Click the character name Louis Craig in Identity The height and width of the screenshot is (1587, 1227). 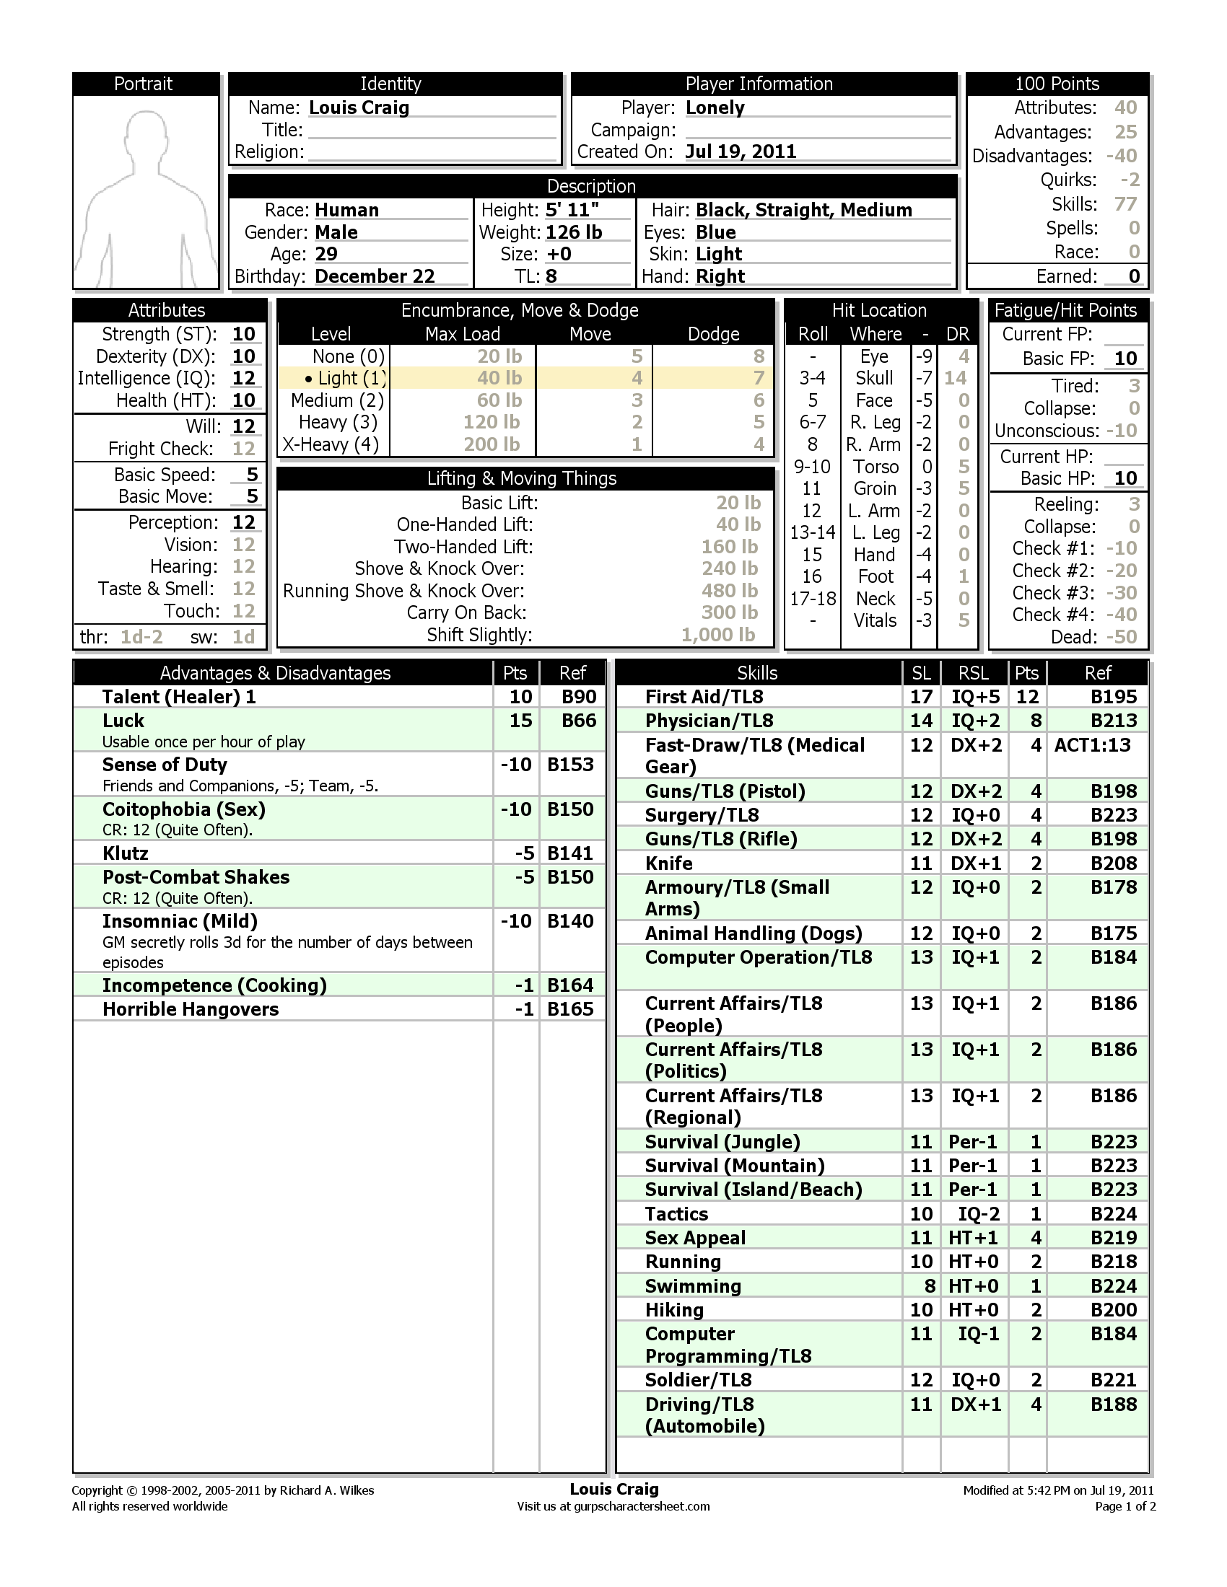[359, 108]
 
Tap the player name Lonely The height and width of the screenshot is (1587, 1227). [715, 108]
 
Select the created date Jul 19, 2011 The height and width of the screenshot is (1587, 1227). [740, 152]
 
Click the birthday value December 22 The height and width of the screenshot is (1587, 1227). [375, 277]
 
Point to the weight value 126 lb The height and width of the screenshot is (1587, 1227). [574, 232]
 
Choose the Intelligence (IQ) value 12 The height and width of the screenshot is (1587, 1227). [243, 379]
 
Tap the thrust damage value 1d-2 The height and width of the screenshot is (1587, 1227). [141, 637]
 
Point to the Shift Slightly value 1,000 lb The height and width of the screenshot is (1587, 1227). [717, 635]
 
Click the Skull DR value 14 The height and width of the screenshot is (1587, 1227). [954, 379]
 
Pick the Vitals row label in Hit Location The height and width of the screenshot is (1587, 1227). [876, 621]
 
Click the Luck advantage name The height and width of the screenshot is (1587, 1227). [123, 721]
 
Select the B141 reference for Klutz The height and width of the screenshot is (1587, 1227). [570, 853]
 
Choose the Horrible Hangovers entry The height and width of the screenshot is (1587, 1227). [191, 1009]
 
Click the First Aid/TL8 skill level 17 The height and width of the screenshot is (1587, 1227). [921, 697]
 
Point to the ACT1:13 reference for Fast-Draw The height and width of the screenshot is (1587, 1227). [1092, 746]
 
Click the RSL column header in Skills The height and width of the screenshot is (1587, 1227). [973, 674]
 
